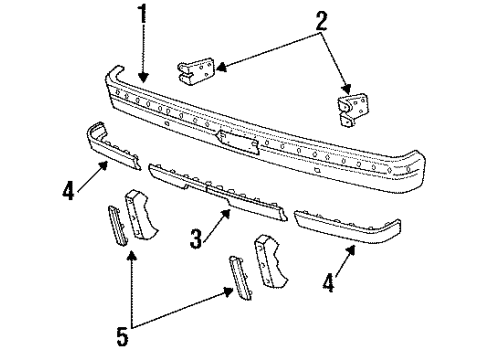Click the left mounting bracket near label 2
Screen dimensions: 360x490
pos(197,71)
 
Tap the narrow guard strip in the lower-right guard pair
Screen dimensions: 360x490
pos(238,274)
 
